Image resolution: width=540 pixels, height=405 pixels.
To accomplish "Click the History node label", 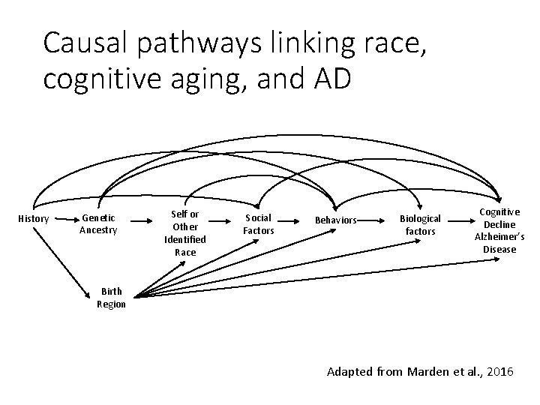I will pos(34,219).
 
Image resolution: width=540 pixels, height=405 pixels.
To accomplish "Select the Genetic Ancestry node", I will pos(98,224).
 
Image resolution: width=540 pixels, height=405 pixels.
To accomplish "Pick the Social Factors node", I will pos(259,224).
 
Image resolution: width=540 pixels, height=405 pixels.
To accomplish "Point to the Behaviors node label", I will pos(334,220).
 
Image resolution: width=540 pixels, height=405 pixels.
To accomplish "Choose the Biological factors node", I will pos(420,225).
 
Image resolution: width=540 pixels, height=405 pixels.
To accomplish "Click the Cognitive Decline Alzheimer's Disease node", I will pos(499,230).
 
